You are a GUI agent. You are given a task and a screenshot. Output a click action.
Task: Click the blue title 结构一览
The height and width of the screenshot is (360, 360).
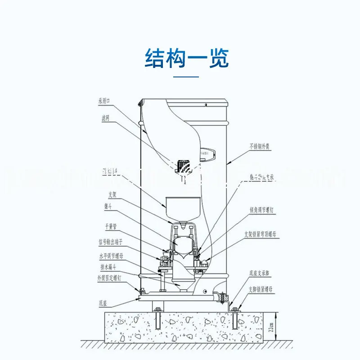pyautogui.click(x=186, y=58)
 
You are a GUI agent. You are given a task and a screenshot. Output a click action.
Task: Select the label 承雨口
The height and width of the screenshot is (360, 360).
pyautogui.click(x=104, y=101)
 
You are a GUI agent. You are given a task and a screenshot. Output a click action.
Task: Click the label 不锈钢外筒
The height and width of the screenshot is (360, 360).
pyautogui.click(x=260, y=146)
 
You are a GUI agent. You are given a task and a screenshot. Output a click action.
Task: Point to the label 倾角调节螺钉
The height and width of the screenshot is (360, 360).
pyautogui.click(x=262, y=209)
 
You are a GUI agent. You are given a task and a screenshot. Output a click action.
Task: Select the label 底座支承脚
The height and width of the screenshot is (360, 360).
pyautogui.click(x=259, y=273)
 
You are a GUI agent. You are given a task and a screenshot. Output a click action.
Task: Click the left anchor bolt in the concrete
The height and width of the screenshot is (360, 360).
pyautogui.click(x=158, y=323)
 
